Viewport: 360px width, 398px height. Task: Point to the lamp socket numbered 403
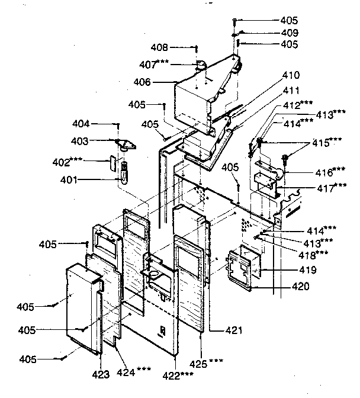(123, 144)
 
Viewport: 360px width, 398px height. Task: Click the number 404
(81, 124)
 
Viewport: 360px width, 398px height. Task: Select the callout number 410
(291, 75)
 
